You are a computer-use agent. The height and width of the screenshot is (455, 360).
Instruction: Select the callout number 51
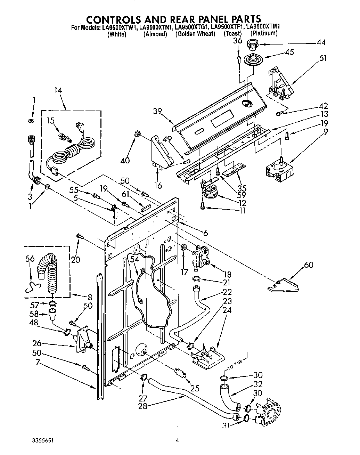pyautogui.click(x=323, y=58)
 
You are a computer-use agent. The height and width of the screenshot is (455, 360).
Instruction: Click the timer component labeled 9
pyautogui.click(x=278, y=169)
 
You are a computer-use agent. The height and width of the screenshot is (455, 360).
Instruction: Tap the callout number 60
pyautogui.click(x=308, y=265)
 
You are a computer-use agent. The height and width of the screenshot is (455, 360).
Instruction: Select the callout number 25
pyautogui.click(x=195, y=388)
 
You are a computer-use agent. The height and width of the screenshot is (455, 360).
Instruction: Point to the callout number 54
pyautogui.click(x=134, y=259)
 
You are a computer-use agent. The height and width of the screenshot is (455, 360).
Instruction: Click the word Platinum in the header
pyautogui.click(x=264, y=33)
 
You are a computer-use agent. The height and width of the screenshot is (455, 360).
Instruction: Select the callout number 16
pyautogui.click(x=158, y=185)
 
